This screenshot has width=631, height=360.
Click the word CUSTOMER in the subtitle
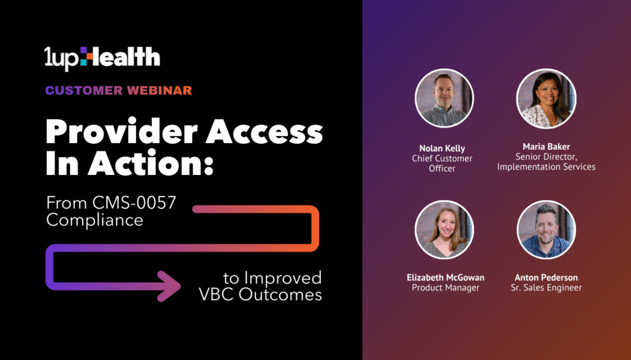[84, 91]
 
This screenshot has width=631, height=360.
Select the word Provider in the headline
[121, 133]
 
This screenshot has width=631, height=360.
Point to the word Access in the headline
[264, 133]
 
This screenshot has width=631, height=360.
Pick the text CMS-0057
[134, 203]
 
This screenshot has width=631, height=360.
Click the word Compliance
[94, 220]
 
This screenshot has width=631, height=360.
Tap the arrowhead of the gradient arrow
[169, 286]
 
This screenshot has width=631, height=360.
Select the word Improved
[283, 278]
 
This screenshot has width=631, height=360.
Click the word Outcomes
[280, 295]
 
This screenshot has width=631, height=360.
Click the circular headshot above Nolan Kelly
[444, 98]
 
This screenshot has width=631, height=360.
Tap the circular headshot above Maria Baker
[546, 98]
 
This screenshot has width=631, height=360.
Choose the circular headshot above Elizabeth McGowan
[444, 229]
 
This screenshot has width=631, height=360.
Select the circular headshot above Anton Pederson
[546, 229]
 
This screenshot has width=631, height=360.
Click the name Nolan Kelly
[442, 149]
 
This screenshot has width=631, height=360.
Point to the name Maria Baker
[546, 147]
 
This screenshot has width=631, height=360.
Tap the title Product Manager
[446, 287]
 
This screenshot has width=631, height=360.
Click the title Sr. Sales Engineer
[546, 287]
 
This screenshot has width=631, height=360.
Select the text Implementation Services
[546, 166]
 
